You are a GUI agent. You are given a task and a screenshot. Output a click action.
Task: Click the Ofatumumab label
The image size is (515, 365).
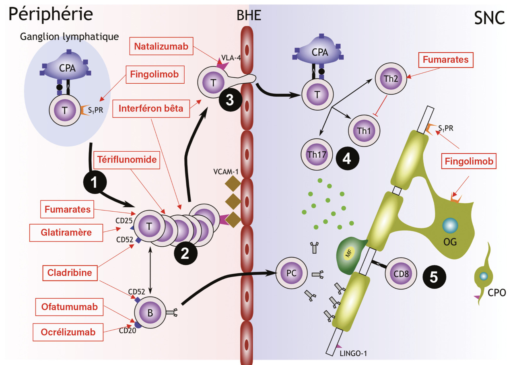click(x=69, y=307)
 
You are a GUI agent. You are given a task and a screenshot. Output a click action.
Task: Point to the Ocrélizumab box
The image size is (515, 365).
click(x=68, y=332)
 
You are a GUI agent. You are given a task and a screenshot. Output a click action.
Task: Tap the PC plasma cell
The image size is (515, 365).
click(x=291, y=273)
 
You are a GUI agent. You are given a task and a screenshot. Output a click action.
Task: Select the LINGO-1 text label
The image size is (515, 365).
click(x=354, y=354)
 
